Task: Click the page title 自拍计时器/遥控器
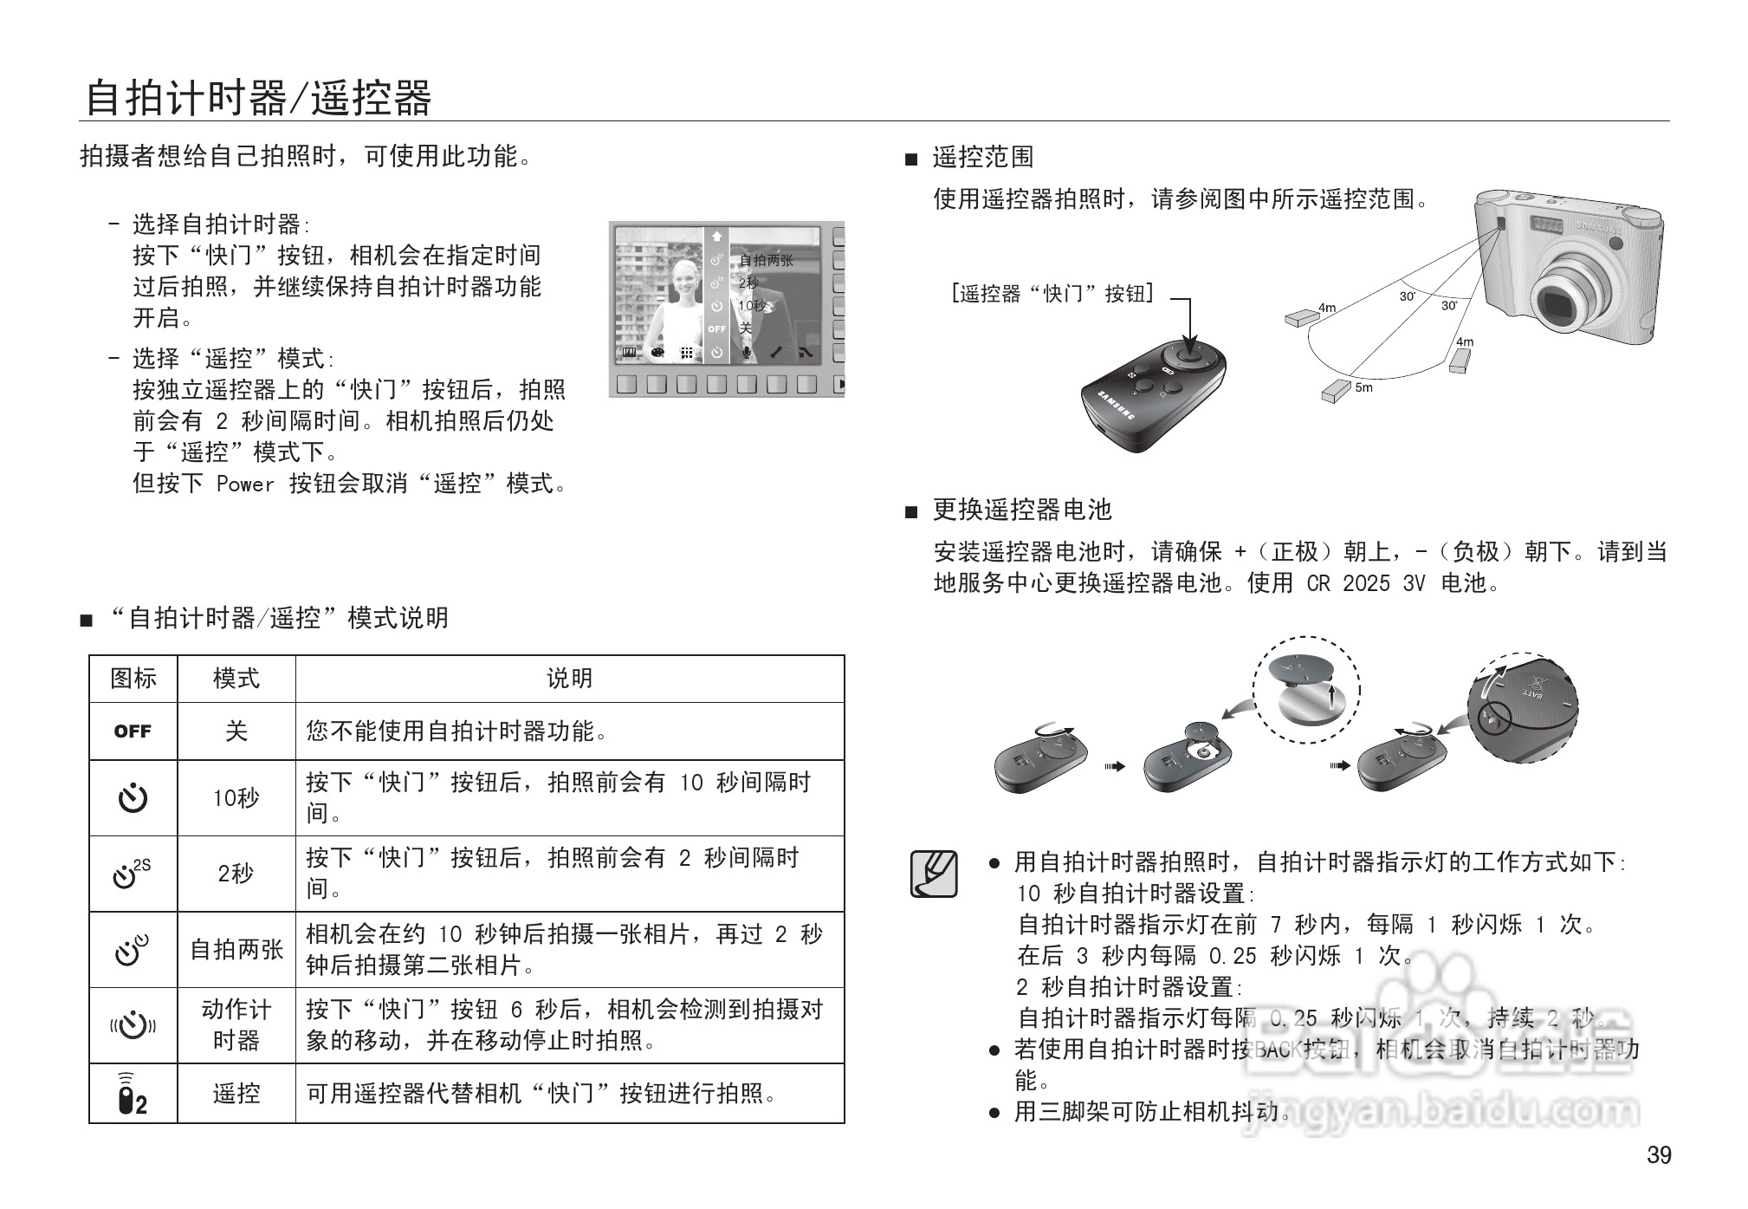(x=258, y=98)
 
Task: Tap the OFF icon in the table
(x=133, y=731)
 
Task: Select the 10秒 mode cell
(x=236, y=798)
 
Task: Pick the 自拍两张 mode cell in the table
(x=236, y=950)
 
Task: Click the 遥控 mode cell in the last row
(x=236, y=1094)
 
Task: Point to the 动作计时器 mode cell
(x=236, y=1025)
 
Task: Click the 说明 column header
(x=569, y=679)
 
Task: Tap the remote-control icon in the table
(x=133, y=1094)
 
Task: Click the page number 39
(x=1659, y=1155)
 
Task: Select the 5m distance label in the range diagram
(x=1363, y=387)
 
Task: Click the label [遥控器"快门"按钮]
(x=1052, y=294)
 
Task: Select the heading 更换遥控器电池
(x=1021, y=510)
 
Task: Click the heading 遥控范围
(x=982, y=157)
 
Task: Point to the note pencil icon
(x=934, y=874)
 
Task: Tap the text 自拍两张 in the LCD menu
(x=766, y=260)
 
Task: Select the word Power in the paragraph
(x=244, y=484)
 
